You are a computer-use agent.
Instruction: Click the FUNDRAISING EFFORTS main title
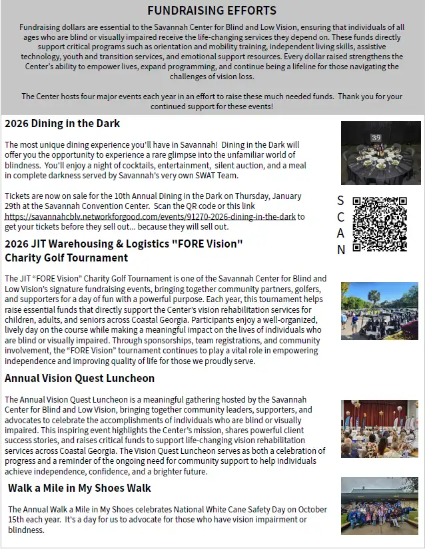pyautogui.click(x=212, y=11)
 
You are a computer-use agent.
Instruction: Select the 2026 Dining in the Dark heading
pyautogui.click(x=62, y=123)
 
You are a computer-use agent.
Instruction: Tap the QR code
pyautogui.click(x=379, y=224)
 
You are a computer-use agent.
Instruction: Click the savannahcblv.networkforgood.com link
pyautogui.click(x=150, y=216)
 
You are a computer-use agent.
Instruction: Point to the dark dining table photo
pyautogui.click(x=380, y=153)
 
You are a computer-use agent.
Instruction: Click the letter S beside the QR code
pyautogui.click(x=340, y=200)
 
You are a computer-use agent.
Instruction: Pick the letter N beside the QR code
pyautogui.click(x=340, y=250)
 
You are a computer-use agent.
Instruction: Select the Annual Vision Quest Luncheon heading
pyautogui.click(x=79, y=378)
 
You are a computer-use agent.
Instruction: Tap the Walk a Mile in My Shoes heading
pyautogui.click(x=79, y=488)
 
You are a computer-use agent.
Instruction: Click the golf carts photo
pyautogui.click(x=380, y=310)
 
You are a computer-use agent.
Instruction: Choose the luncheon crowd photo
pyautogui.click(x=380, y=428)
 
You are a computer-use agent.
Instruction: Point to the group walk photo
pyautogui.click(x=380, y=506)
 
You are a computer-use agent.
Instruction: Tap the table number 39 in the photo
pyautogui.click(x=376, y=138)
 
